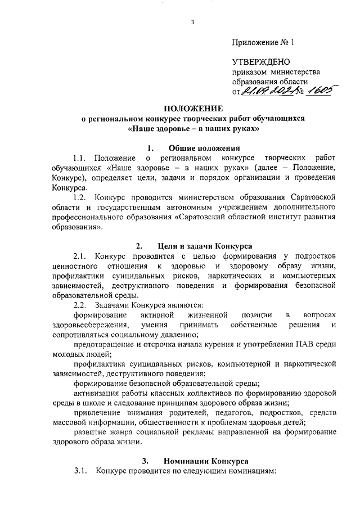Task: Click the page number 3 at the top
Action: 193,22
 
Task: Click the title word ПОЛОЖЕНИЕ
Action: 193,108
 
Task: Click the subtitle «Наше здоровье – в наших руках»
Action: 193,128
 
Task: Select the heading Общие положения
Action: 201,148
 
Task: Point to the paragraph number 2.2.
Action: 80,305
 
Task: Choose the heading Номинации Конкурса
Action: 201,461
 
